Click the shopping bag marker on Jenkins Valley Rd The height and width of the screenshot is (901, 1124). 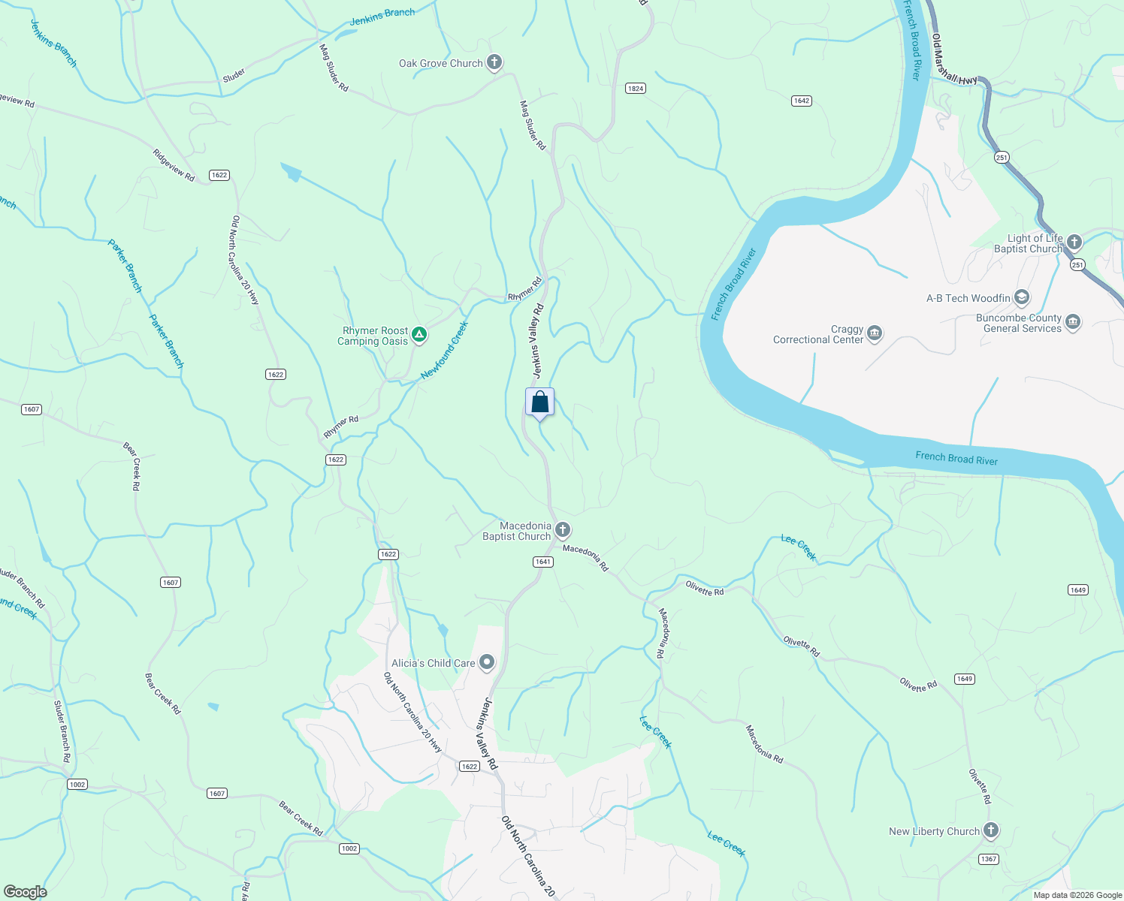pos(539,402)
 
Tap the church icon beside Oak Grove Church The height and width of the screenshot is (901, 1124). pos(494,62)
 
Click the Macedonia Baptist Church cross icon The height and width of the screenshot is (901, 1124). pos(562,531)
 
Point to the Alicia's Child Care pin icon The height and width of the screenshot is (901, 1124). pos(487,662)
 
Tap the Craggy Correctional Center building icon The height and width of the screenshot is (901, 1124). pos(874,333)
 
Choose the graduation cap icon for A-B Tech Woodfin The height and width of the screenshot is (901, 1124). pos(1021,297)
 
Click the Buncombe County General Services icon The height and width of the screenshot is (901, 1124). pos(1072,322)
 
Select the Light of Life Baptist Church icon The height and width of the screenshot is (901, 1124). pos(1074,242)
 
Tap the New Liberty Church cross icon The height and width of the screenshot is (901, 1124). pos(991,830)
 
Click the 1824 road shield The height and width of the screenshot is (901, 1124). pos(636,89)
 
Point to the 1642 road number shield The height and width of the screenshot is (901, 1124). pos(802,101)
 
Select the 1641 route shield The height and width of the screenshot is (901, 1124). pos(543,562)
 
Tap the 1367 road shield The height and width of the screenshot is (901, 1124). pos(989,859)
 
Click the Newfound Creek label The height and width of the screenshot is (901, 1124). pos(444,351)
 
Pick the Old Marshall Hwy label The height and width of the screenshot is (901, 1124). pos(954,59)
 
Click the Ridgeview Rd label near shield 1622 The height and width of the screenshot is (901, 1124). pos(174,165)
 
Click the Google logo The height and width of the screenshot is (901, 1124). pos(25,892)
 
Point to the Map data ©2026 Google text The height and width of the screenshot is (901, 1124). pos(1077,895)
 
